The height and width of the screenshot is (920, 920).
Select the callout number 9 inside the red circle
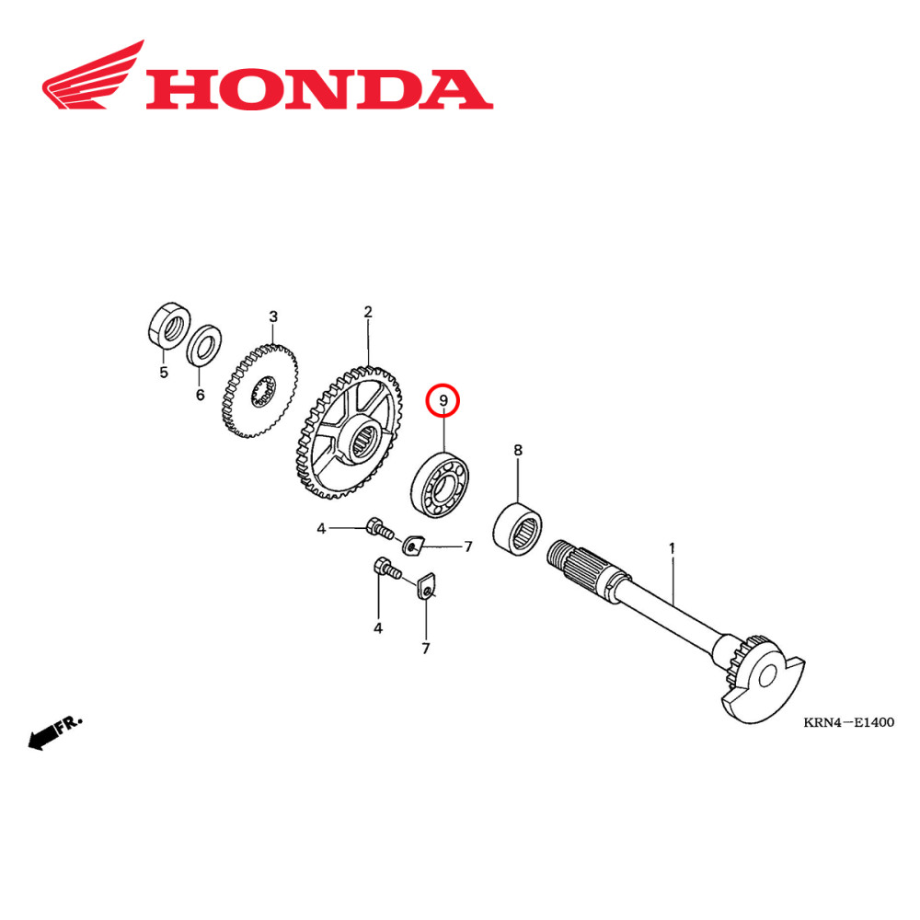click(x=443, y=400)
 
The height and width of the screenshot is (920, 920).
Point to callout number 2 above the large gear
click(x=367, y=313)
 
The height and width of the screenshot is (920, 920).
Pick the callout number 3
click(x=273, y=317)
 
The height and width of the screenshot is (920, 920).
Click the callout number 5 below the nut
click(x=164, y=373)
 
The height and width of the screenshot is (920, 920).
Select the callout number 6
click(x=200, y=395)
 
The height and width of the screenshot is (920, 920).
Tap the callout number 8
click(x=517, y=450)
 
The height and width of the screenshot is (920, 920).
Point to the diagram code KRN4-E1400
click(x=848, y=722)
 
